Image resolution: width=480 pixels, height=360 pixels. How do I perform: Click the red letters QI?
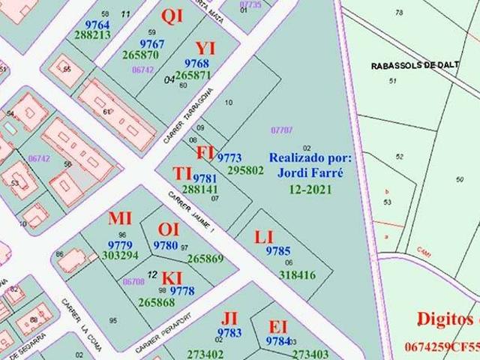click(172, 16)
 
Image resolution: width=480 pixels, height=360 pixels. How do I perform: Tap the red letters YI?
click(205, 49)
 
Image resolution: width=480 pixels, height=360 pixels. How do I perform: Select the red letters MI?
click(120, 219)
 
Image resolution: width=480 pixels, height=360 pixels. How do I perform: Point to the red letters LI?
click(264, 238)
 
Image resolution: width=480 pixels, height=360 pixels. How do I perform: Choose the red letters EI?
click(278, 327)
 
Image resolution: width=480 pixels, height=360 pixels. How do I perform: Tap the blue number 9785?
click(277, 251)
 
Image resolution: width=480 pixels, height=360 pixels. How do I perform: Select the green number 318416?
click(297, 275)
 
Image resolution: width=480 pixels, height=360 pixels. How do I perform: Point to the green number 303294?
click(120, 256)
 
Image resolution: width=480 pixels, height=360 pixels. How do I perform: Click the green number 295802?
click(245, 170)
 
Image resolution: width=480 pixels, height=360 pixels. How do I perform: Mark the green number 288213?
click(92, 35)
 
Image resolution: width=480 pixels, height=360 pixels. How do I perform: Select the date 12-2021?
click(310, 189)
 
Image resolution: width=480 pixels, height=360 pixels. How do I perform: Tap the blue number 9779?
click(120, 245)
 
